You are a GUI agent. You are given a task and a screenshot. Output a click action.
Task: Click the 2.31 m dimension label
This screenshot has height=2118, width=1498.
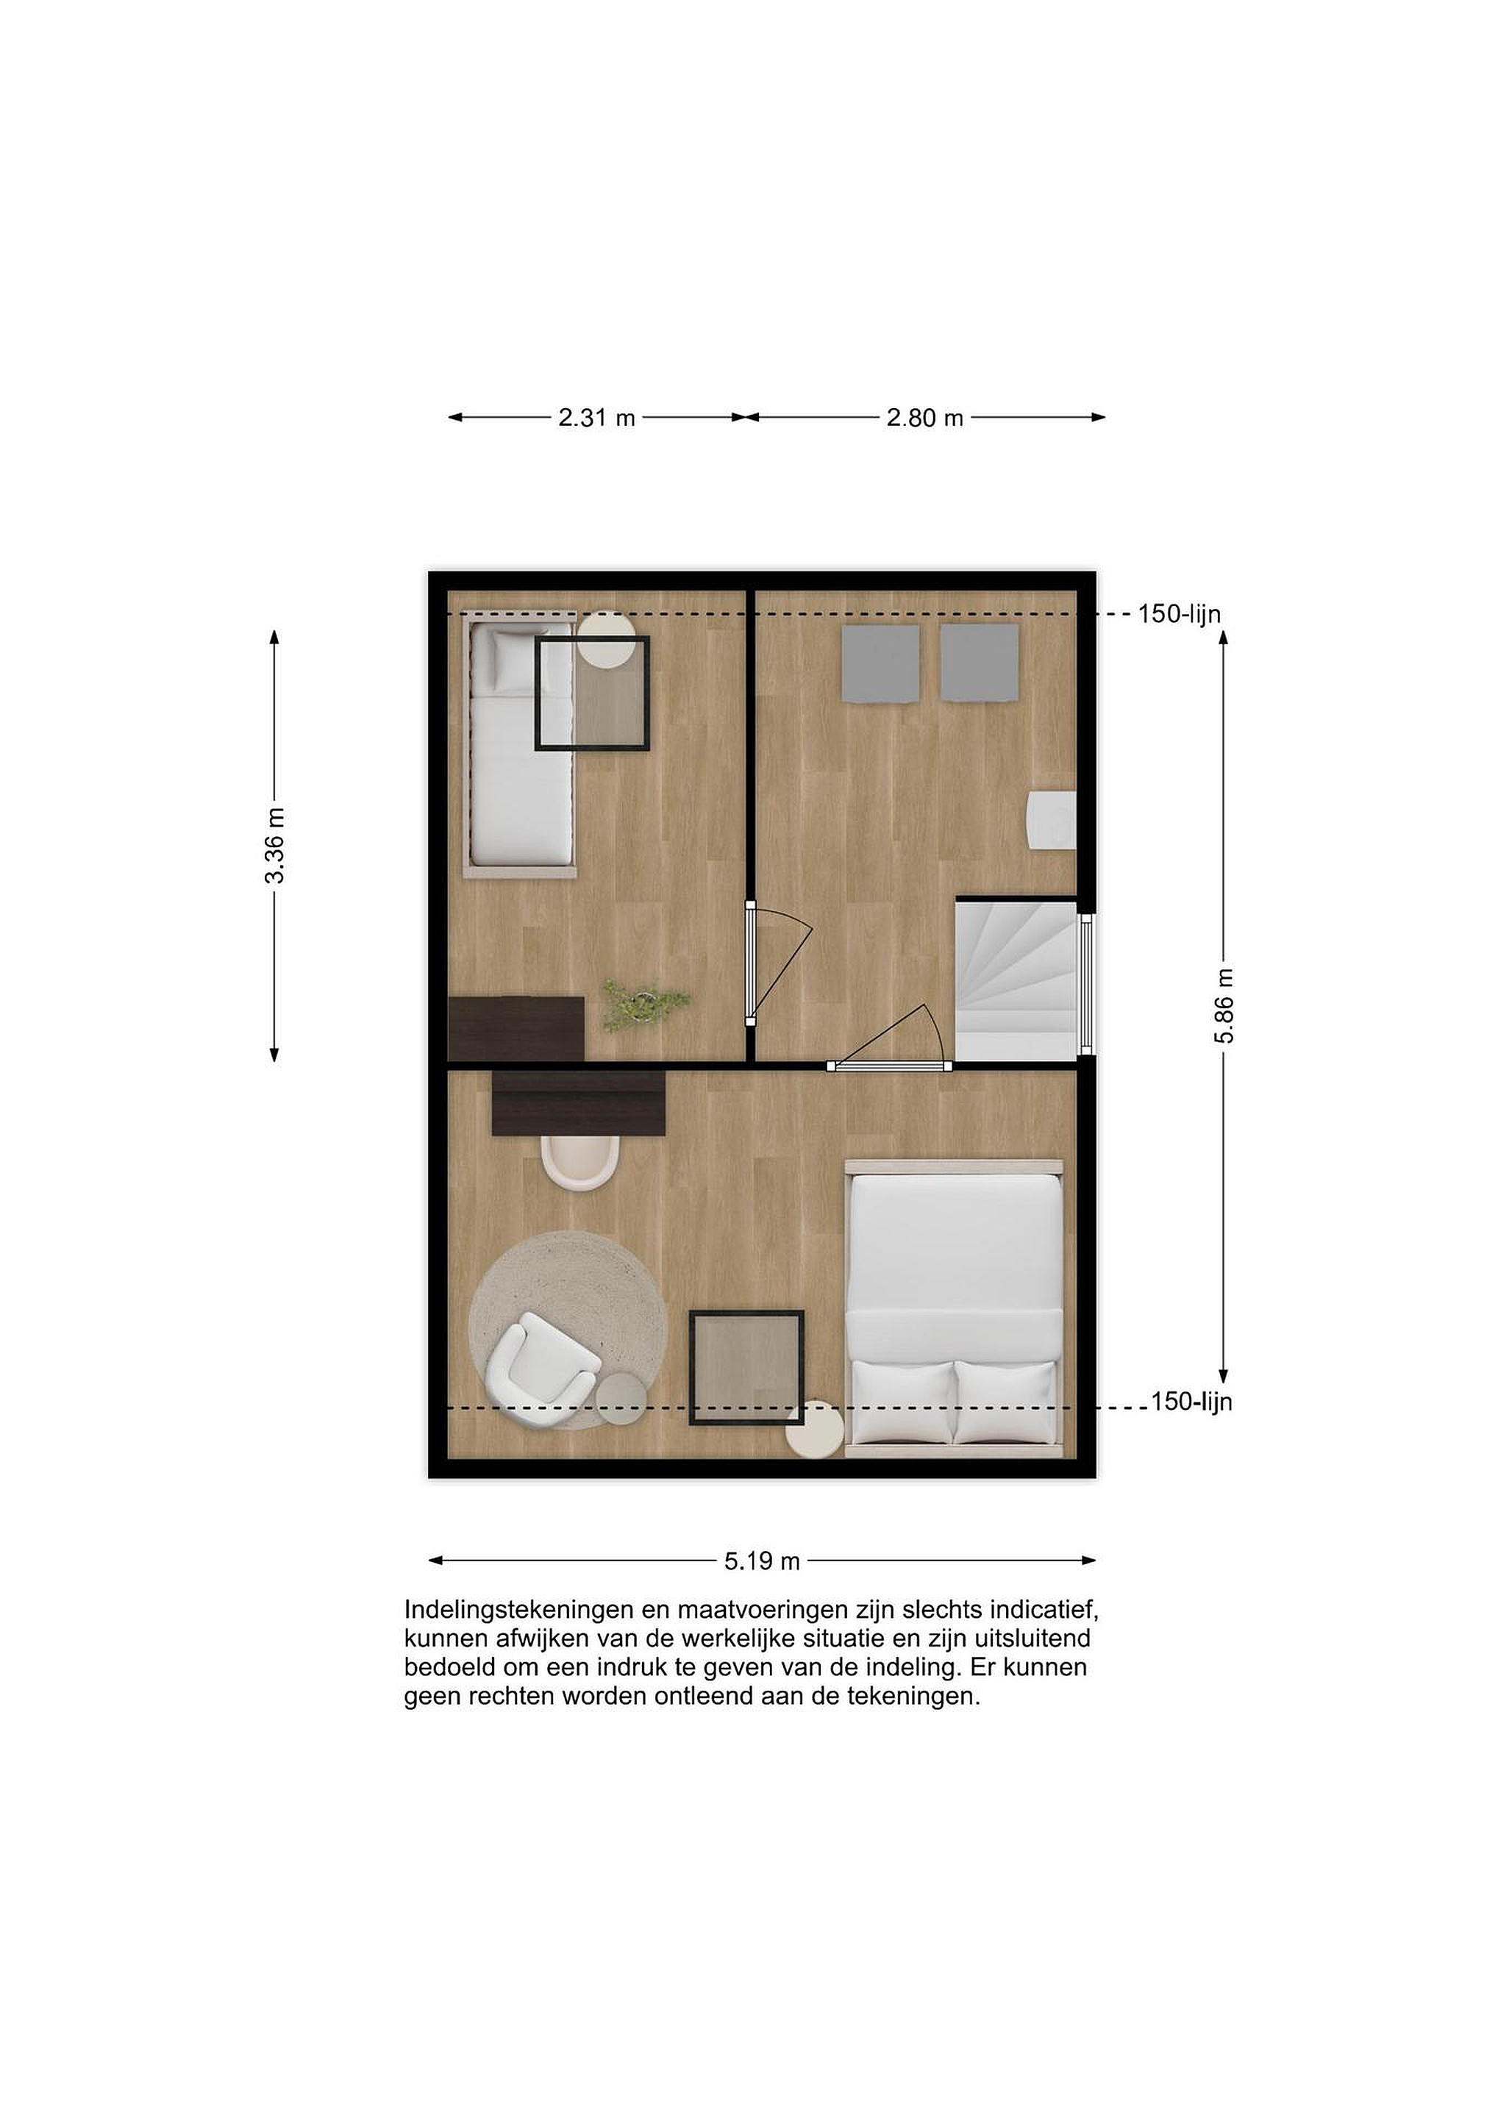pyautogui.click(x=597, y=418)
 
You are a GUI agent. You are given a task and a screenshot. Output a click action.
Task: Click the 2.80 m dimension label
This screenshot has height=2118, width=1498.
pyautogui.click(x=925, y=418)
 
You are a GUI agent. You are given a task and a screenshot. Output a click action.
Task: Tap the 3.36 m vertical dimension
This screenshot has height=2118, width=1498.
pyautogui.click(x=275, y=845)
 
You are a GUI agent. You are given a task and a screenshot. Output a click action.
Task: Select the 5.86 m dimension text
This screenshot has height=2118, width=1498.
pyautogui.click(x=1224, y=1005)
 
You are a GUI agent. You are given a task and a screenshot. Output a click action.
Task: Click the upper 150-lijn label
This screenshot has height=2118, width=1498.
pyautogui.click(x=1179, y=613)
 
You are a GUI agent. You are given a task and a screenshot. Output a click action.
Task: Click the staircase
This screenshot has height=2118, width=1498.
pyautogui.click(x=1016, y=980)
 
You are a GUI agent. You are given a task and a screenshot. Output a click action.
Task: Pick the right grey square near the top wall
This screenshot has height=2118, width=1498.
pyautogui.click(x=980, y=663)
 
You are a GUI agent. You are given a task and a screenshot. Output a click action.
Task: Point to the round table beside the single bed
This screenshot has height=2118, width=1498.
pyautogui.click(x=607, y=641)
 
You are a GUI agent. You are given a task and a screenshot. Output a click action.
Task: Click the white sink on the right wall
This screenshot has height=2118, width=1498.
pyautogui.click(x=1052, y=819)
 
